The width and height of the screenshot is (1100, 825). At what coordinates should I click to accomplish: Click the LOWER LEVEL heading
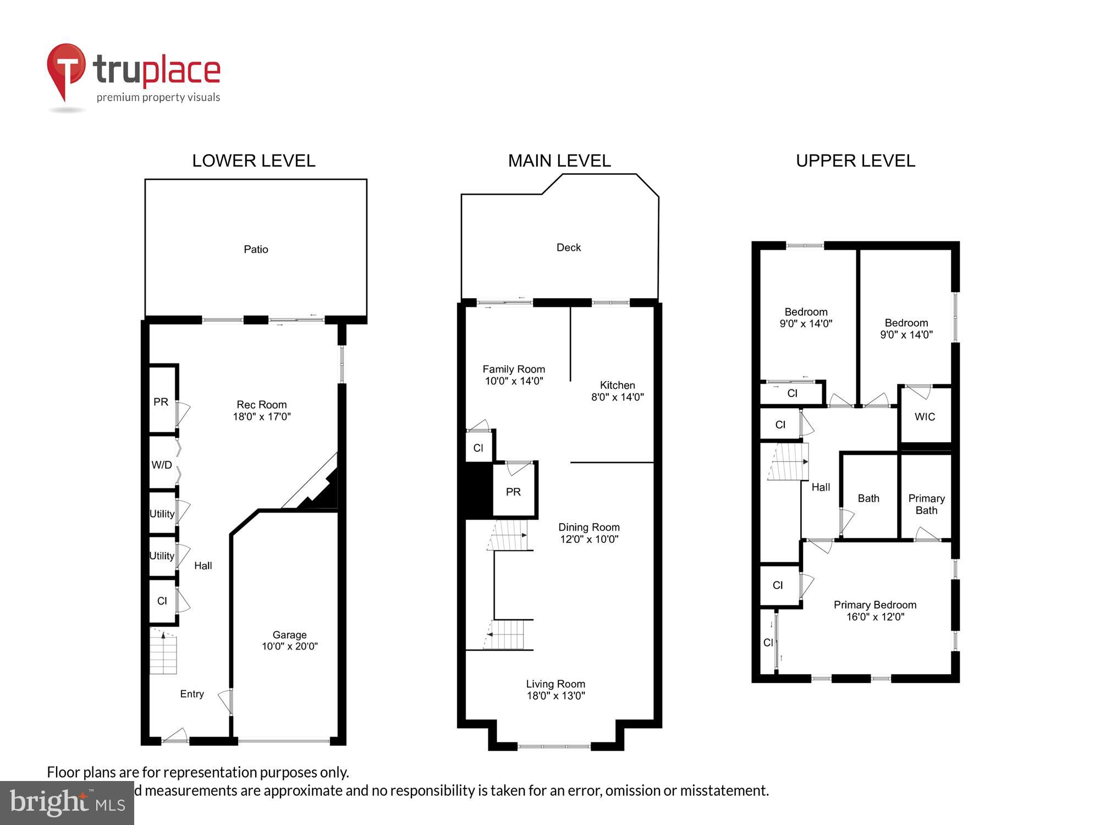point(254,161)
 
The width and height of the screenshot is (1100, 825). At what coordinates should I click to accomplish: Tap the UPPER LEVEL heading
point(855,161)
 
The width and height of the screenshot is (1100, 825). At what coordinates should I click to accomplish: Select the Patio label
point(256,249)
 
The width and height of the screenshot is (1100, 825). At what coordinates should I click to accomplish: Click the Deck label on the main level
point(568,248)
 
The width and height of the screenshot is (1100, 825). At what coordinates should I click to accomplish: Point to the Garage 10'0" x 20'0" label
point(289,641)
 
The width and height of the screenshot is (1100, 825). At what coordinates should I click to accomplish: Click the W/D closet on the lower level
point(162,465)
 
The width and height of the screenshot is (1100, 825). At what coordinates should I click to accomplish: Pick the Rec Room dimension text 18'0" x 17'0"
point(262,416)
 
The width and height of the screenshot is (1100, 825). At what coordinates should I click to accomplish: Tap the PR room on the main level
point(513,492)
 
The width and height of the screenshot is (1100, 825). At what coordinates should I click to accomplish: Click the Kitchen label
point(617,385)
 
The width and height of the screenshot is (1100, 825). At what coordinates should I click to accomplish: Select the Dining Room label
point(588,527)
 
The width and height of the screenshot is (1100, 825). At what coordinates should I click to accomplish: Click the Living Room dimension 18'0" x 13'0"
point(555,696)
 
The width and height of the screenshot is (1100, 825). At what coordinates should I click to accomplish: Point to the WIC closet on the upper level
point(925,416)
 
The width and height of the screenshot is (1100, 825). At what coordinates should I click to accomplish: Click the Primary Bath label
point(926,504)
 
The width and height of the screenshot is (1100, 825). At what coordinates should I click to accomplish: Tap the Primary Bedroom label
point(875,604)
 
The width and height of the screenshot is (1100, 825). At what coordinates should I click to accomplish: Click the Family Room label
point(514,369)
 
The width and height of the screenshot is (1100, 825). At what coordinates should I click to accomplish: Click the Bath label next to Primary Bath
point(868,498)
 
